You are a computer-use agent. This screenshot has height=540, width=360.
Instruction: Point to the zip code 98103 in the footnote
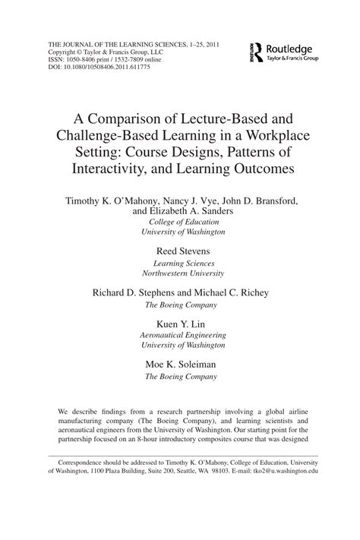pos(216,472)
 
